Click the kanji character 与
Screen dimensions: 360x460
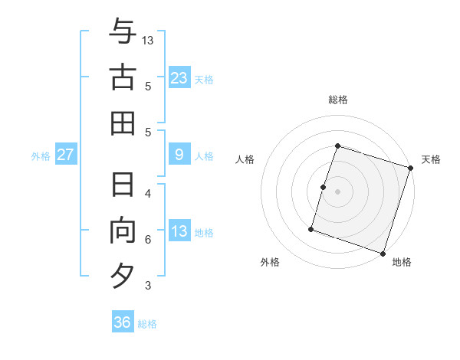[123, 32]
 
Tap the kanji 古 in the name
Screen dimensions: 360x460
[123, 77]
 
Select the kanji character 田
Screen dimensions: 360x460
[123, 123]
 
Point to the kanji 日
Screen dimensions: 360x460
[123, 185]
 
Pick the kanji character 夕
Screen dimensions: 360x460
[123, 275]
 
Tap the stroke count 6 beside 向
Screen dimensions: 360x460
[148, 240]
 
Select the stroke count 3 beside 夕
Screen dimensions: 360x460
[148, 286]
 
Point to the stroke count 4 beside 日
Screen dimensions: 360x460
[148, 193]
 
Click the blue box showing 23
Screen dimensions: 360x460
[179, 77]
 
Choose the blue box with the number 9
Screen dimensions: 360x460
[179, 155]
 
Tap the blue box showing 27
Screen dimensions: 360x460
[66, 155]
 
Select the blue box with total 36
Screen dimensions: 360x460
[123, 322]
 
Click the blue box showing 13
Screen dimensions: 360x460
[179, 231]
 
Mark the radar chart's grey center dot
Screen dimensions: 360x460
[337, 191]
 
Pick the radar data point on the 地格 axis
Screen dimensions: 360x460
[383, 253]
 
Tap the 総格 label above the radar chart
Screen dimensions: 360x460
[337, 100]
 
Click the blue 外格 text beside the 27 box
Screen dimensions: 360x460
[41, 156]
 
